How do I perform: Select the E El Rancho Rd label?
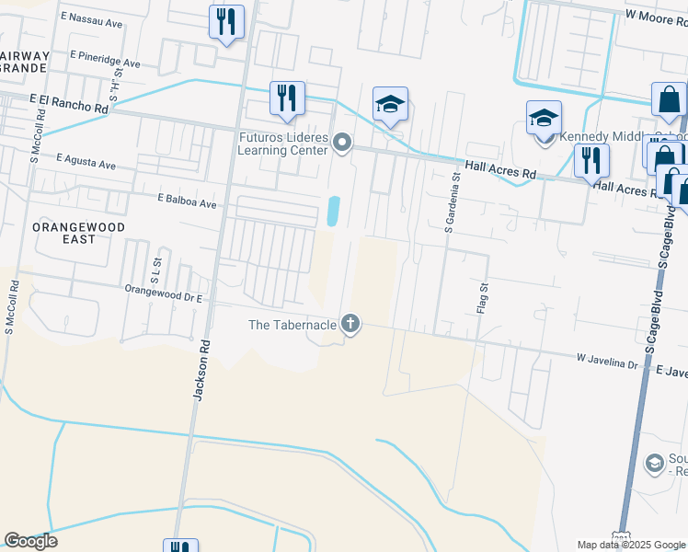69,102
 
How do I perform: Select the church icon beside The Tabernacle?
350,323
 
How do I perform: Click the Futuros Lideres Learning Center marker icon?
342,142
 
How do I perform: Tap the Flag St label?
481,299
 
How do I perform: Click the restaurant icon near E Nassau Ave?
225,21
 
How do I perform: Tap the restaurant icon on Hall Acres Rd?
591,160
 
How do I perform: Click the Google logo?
30,541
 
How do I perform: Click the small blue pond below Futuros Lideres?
332,211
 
